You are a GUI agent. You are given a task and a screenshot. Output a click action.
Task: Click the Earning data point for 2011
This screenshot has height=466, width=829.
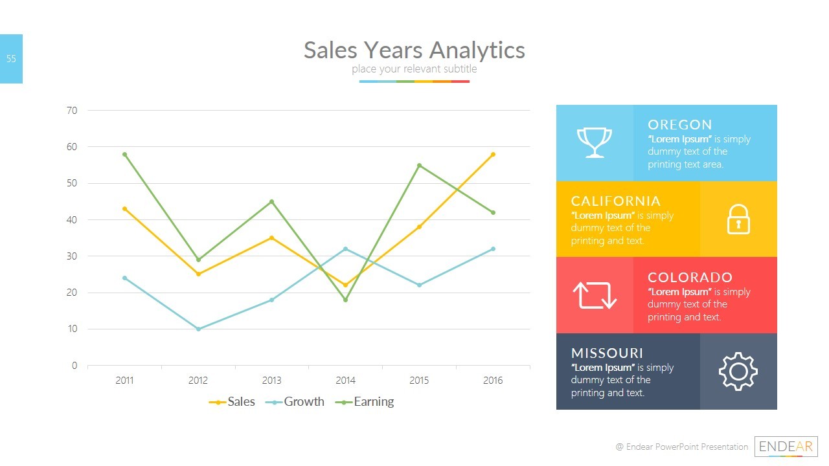point(124,154)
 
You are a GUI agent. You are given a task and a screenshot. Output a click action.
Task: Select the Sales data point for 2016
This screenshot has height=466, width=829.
point(493,154)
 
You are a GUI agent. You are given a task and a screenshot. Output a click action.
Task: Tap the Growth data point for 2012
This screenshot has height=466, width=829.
point(198,329)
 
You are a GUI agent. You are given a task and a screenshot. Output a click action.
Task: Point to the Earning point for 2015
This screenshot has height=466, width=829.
point(419,165)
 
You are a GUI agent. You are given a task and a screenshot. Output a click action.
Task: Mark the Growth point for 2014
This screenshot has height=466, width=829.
point(345,249)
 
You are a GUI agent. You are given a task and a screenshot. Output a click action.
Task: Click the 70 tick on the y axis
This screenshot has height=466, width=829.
point(72,111)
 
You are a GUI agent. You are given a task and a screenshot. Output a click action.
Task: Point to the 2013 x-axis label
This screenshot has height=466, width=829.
point(271,381)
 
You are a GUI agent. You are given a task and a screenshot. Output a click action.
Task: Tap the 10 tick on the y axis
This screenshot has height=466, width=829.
point(72,329)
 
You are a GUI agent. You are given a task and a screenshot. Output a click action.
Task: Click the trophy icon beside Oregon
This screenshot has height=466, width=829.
point(594,142)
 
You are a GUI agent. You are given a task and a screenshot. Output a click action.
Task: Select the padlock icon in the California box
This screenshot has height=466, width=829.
point(738,219)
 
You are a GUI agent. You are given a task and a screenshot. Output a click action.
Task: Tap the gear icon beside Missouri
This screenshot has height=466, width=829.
point(738,372)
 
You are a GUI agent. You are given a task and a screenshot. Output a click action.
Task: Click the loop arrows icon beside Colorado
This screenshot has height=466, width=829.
point(594,295)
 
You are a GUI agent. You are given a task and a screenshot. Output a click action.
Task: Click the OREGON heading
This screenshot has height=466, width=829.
point(679,124)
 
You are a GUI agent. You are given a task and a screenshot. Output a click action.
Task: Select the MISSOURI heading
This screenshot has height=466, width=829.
point(607,353)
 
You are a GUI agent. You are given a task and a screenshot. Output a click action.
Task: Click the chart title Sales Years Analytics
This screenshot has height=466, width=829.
point(414,50)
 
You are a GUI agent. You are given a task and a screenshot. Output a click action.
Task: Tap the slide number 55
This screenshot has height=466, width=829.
point(11,59)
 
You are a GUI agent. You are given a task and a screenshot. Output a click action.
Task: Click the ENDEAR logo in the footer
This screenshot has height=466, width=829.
point(786,447)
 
